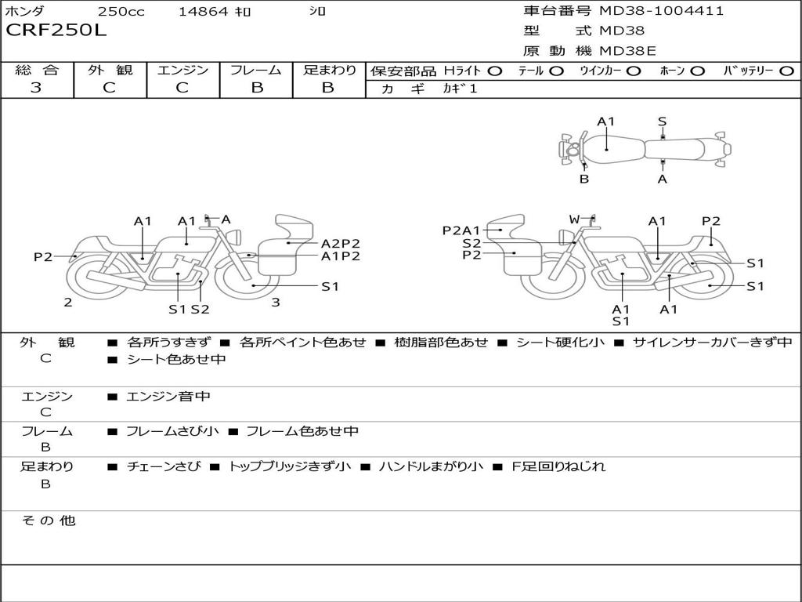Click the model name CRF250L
(x=56, y=31)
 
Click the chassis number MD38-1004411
(x=661, y=11)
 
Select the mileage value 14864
(x=203, y=12)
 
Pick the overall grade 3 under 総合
(x=36, y=88)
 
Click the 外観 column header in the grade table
(x=110, y=71)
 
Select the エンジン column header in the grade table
(x=182, y=71)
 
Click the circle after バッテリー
(x=786, y=71)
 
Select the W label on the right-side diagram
(x=574, y=219)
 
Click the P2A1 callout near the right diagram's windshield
(x=461, y=230)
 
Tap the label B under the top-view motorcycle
(x=584, y=179)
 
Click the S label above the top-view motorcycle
(x=662, y=121)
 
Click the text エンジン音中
(x=168, y=397)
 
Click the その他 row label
(x=48, y=520)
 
